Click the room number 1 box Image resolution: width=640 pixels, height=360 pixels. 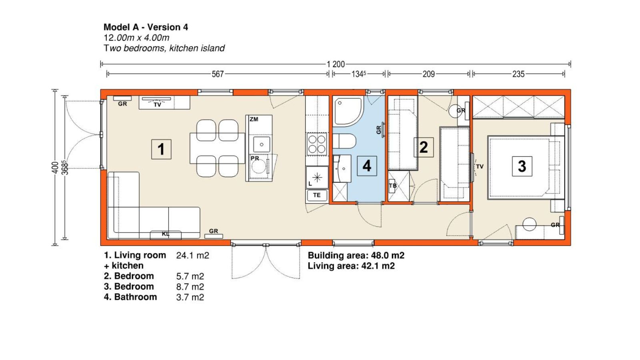pyautogui.click(x=162, y=149)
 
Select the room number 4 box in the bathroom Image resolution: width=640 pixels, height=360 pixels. pyautogui.click(x=367, y=166)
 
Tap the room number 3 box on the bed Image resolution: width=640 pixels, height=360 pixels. pyautogui.click(x=522, y=166)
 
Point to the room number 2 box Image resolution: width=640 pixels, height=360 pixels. pyautogui.click(x=424, y=147)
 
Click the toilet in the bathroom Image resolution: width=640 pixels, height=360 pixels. pyautogui.click(x=344, y=142)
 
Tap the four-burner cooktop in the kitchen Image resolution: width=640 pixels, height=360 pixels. pyautogui.click(x=317, y=144)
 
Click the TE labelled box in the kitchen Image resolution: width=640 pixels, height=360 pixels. pyautogui.click(x=317, y=196)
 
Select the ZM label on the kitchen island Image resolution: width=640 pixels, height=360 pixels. pyautogui.click(x=254, y=119)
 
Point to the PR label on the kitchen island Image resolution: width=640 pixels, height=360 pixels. pyautogui.click(x=255, y=158)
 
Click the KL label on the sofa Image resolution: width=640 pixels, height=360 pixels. pyautogui.click(x=166, y=234)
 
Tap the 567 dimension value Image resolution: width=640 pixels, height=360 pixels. pyautogui.click(x=218, y=74)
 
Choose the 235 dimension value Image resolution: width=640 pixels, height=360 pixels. pyautogui.click(x=518, y=74)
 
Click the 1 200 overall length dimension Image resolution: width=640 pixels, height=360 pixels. pyautogui.click(x=336, y=64)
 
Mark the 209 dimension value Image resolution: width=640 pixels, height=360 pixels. pyautogui.click(x=428, y=74)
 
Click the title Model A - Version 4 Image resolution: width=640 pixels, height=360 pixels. pyautogui.click(x=146, y=27)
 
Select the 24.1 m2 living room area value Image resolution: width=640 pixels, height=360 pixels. pyautogui.click(x=192, y=255)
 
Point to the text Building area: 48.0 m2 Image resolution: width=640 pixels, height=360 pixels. pyautogui.click(x=356, y=255)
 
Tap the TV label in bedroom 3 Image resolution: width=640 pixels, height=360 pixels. pyautogui.click(x=480, y=166)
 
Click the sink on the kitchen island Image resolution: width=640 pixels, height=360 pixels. pyautogui.click(x=262, y=144)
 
